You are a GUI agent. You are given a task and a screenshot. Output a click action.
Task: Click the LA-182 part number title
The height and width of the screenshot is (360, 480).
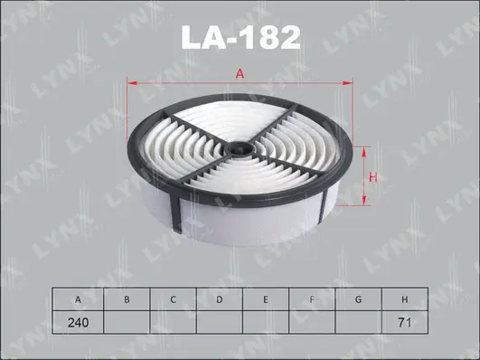pyautogui.click(x=240, y=37)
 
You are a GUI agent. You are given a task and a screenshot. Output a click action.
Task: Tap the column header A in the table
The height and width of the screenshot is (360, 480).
pyautogui.click(x=79, y=298)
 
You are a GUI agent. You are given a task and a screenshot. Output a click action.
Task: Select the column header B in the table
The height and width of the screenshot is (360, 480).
pyautogui.click(x=126, y=298)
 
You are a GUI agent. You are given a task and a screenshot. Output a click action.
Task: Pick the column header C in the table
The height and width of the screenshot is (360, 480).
pyautogui.click(x=172, y=298)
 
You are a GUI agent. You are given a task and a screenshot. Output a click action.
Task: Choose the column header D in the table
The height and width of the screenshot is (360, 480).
pyautogui.click(x=219, y=298)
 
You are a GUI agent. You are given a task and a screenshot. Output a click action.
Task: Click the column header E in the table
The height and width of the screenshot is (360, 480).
pyautogui.click(x=265, y=298)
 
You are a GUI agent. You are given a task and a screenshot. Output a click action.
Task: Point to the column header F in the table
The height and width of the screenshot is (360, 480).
pyautogui.click(x=312, y=298)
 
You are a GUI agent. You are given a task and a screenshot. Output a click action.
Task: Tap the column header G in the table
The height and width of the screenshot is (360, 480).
pyautogui.click(x=358, y=298)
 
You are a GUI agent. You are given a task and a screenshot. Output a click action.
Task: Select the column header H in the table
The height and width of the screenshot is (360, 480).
pyautogui.click(x=405, y=298)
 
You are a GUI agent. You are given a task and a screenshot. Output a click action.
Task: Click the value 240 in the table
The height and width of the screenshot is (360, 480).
pyautogui.click(x=79, y=320)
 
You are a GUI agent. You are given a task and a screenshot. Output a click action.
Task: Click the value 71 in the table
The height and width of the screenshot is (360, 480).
pyautogui.click(x=405, y=320)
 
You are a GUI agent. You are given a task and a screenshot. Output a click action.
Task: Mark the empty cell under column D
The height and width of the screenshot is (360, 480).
pyautogui.click(x=219, y=320)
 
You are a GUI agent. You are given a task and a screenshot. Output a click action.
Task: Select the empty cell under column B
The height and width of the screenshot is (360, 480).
pyautogui.click(x=126, y=320)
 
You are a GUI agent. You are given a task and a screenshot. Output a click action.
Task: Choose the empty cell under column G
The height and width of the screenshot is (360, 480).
pyautogui.click(x=358, y=320)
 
